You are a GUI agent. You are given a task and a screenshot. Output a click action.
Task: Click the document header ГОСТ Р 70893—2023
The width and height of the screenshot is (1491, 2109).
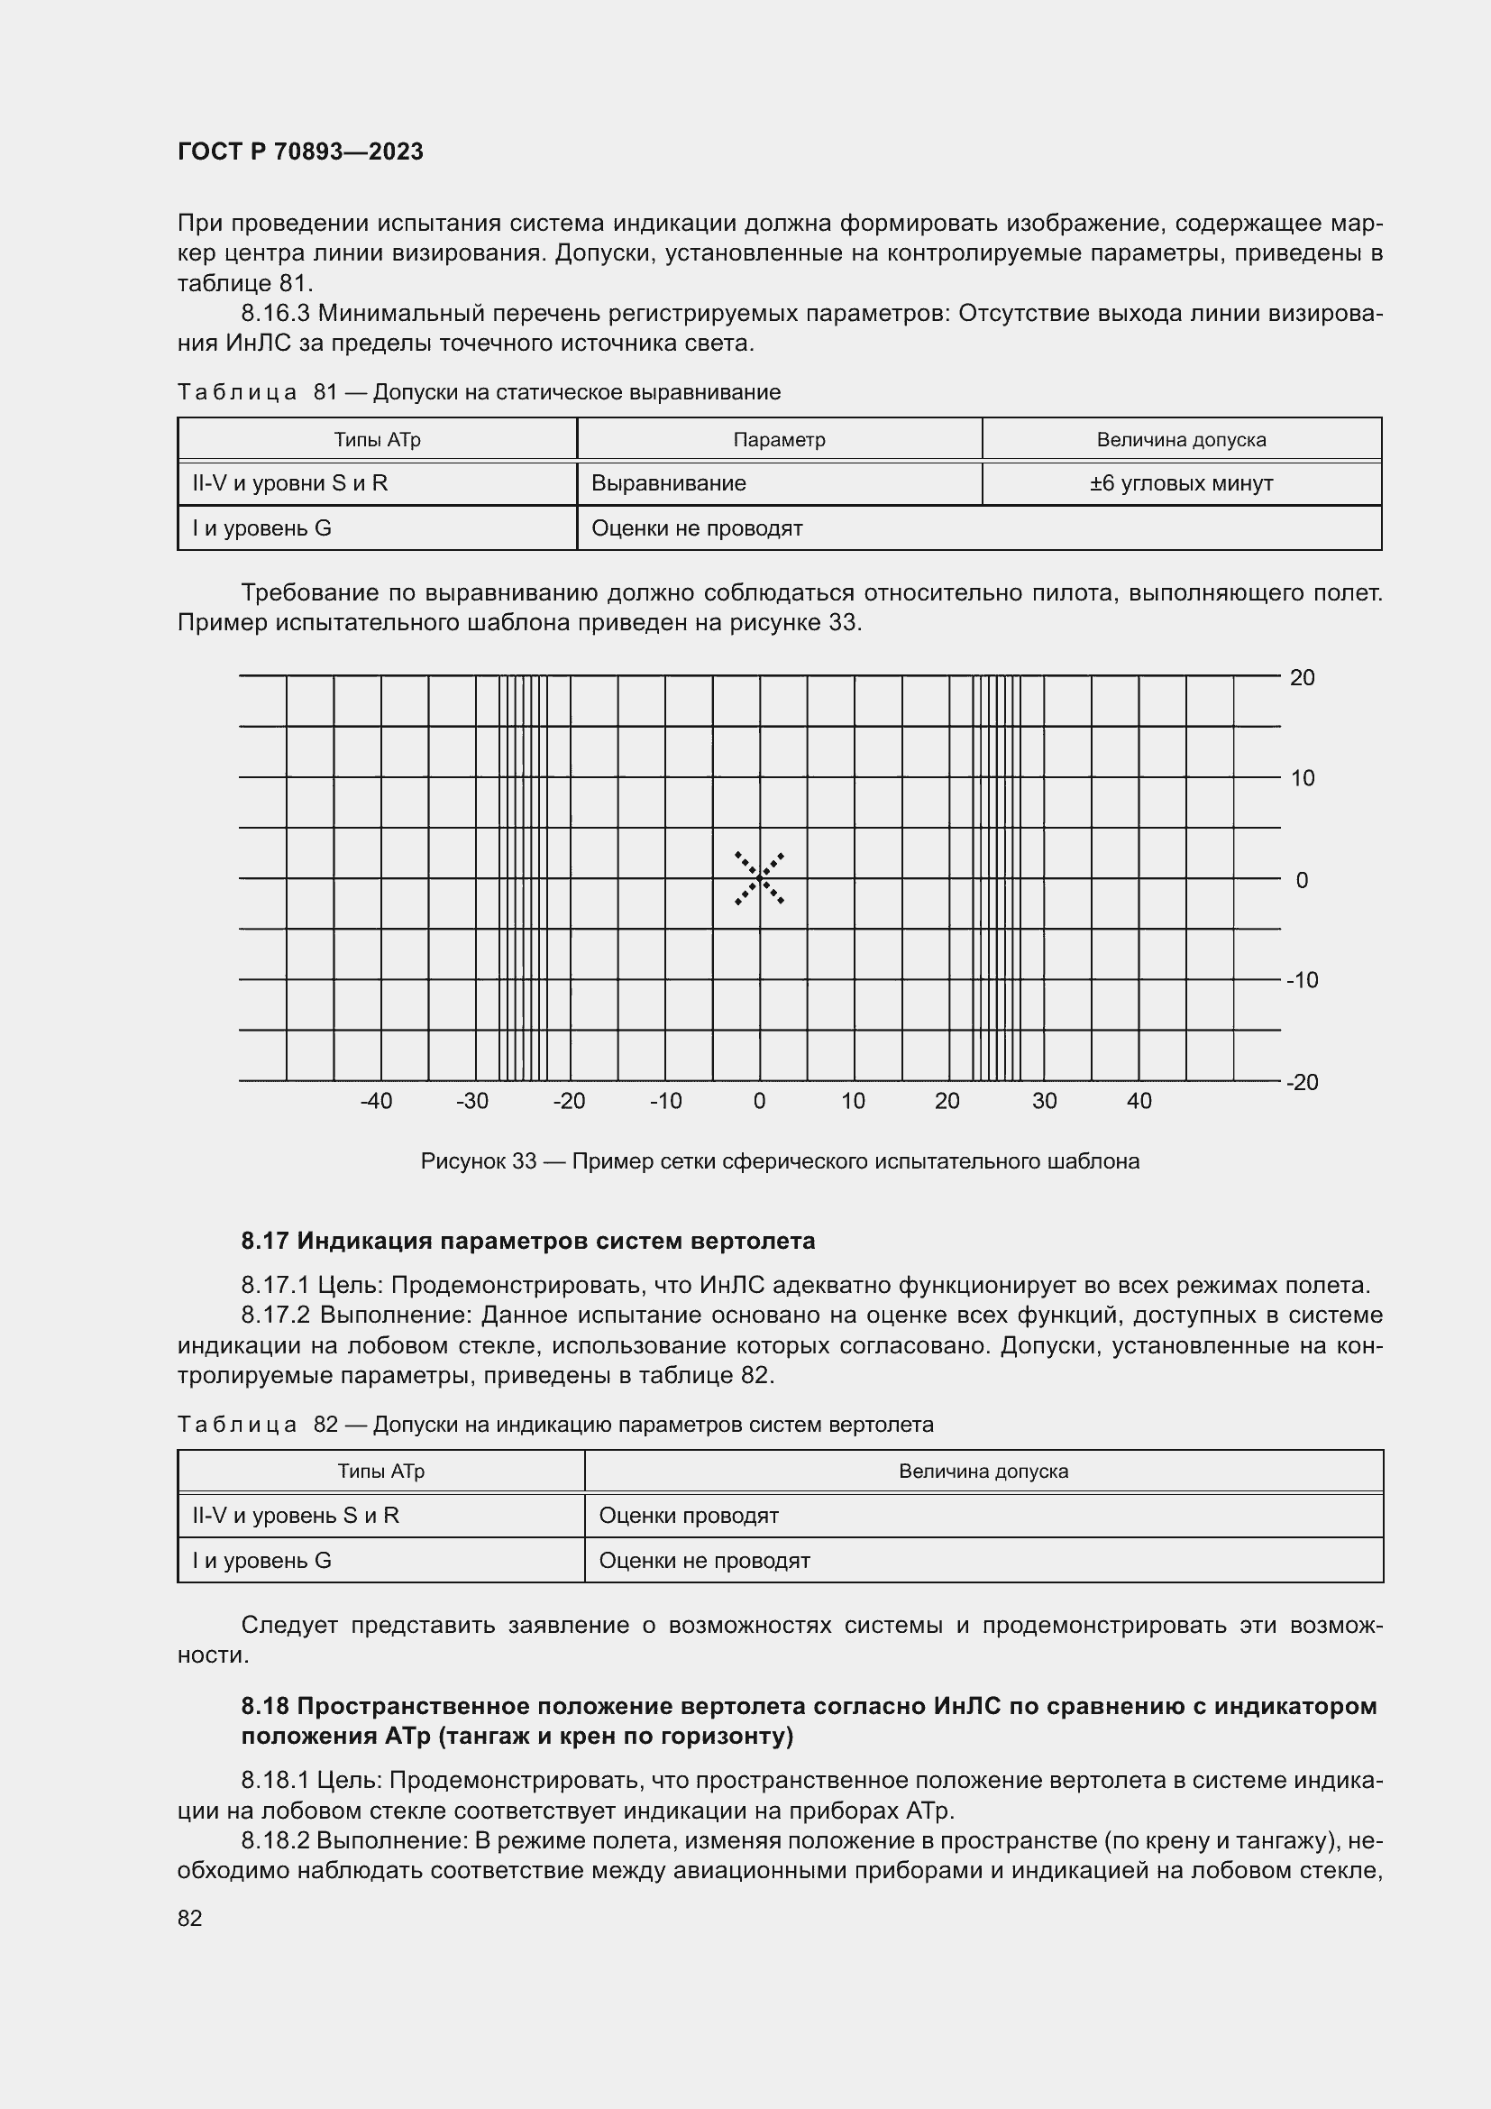point(300,151)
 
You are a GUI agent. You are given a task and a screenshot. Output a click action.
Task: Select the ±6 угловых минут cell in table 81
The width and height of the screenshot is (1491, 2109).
point(1181,483)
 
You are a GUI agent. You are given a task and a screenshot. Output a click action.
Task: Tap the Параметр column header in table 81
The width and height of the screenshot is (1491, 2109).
point(779,440)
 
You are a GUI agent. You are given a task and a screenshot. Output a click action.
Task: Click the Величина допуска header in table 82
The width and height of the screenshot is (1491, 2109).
point(983,1472)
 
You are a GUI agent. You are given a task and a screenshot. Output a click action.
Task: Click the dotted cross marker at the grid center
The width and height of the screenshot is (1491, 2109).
point(759,879)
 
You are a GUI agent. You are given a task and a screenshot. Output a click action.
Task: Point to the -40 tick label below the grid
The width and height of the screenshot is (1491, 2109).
point(377,1101)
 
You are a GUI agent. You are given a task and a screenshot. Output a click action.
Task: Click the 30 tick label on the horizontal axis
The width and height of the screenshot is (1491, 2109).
point(1044,1101)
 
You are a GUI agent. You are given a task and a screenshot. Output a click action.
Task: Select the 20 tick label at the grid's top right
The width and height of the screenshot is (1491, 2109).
point(1302,678)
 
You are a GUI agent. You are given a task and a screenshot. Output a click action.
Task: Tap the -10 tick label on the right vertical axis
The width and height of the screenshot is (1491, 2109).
point(1302,980)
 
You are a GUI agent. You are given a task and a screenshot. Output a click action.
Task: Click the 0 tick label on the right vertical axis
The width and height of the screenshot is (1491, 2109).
point(1302,880)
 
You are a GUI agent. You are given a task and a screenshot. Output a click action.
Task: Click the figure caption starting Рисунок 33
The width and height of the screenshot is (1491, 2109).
point(780,1161)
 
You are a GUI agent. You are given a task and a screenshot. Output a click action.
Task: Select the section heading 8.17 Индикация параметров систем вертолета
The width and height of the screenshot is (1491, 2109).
point(528,1241)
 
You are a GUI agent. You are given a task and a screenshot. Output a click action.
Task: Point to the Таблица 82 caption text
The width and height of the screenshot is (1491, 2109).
point(555,1425)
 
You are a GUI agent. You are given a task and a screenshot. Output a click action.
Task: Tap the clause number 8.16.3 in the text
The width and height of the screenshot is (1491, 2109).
point(276,314)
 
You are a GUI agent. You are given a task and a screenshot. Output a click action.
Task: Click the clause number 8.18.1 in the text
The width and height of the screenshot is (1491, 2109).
point(276,1781)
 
